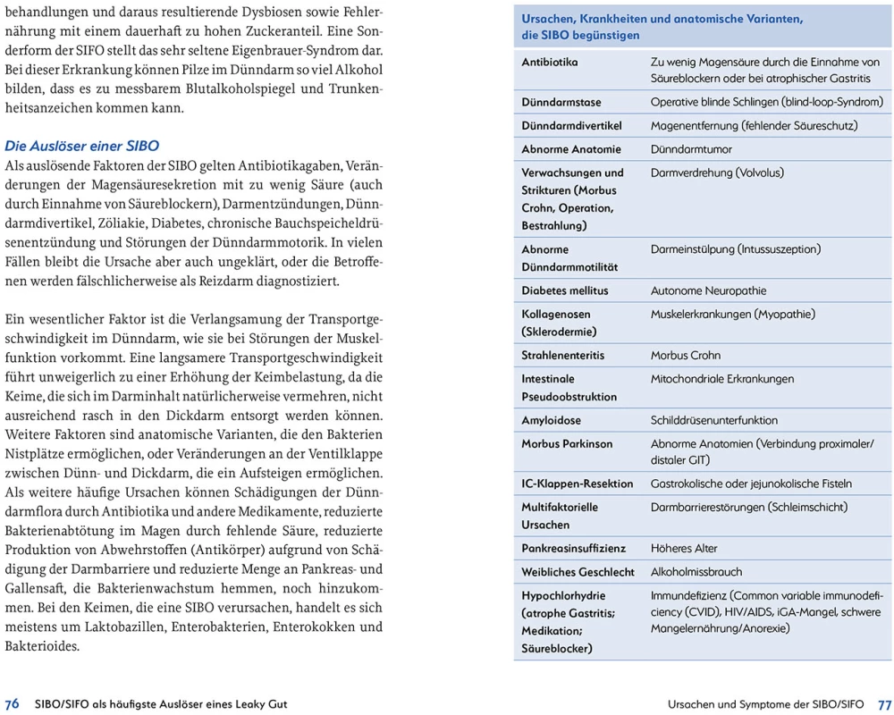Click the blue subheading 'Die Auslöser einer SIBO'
tap(82, 145)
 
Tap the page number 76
tap(13, 703)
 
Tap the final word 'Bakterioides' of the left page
tap(42, 645)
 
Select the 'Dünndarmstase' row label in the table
tap(561, 103)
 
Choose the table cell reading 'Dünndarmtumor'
tap(691, 149)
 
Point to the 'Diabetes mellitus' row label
tap(565, 290)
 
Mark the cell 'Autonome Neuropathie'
tap(708, 290)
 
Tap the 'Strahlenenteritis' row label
tap(563, 355)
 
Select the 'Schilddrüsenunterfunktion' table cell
tap(714, 420)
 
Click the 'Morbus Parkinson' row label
tap(567, 443)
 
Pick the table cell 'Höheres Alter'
tap(684, 548)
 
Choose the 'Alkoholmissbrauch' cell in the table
tap(696, 571)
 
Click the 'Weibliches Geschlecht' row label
tap(578, 571)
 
